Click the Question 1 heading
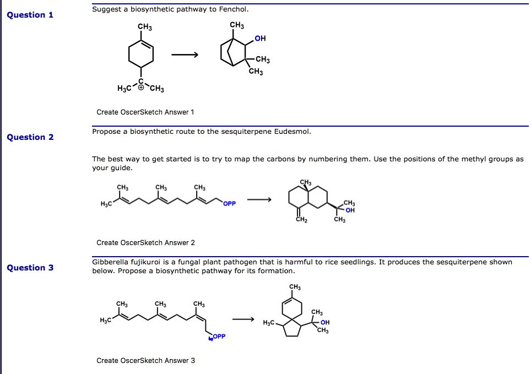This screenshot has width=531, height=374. (30, 15)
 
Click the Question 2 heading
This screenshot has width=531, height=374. (30, 137)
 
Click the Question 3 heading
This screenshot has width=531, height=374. (30, 268)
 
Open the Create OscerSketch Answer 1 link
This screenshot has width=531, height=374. (145, 112)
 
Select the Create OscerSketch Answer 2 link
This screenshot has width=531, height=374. (145, 242)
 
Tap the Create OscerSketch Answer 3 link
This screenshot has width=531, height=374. (145, 361)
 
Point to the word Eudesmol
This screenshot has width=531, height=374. (295, 132)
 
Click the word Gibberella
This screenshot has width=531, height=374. (110, 262)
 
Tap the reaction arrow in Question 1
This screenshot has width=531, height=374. (185, 55)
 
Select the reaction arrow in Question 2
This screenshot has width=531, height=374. (259, 199)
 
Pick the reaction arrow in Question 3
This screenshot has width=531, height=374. (243, 319)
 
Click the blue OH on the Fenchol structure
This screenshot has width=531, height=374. (260, 39)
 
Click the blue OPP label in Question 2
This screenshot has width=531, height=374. (230, 204)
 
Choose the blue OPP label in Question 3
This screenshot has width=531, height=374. (219, 337)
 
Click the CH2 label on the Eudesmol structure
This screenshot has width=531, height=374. (300, 219)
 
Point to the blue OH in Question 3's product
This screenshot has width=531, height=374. (325, 323)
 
